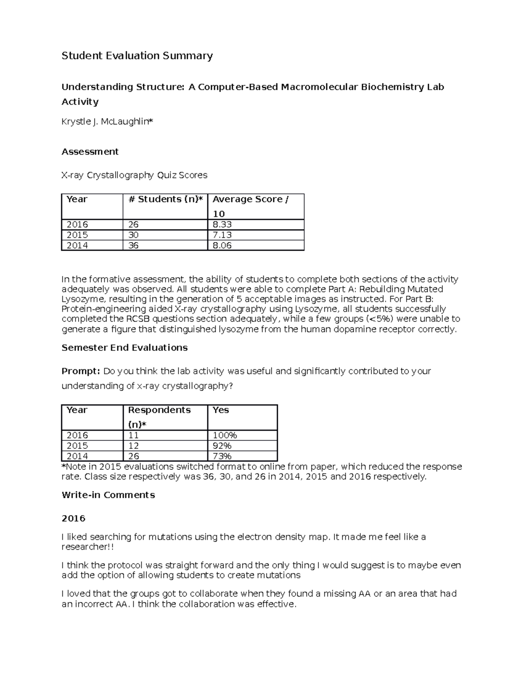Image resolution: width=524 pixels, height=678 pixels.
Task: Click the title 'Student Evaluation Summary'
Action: pyautogui.click(x=137, y=56)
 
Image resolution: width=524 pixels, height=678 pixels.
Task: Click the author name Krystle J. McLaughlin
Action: pyautogui.click(x=107, y=122)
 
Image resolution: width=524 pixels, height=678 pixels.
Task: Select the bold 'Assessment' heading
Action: pyautogui.click(x=90, y=151)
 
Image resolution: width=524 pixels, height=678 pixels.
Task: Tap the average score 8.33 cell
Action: pyautogui.click(x=222, y=225)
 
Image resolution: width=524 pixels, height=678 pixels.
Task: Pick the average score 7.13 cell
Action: pyautogui.click(x=222, y=235)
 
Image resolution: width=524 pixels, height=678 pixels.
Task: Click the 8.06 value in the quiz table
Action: pyautogui.click(x=222, y=245)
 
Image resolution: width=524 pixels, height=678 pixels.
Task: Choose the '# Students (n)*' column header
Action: pyautogui.click(x=165, y=200)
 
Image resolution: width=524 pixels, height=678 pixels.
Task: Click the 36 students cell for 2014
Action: pyautogui.click(x=133, y=245)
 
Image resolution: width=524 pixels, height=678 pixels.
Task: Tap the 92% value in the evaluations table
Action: pyautogui.click(x=222, y=446)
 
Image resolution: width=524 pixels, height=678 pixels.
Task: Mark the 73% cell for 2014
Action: pyautogui.click(x=222, y=456)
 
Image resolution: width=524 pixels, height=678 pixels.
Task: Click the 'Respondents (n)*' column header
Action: pyautogui.click(x=159, y=416)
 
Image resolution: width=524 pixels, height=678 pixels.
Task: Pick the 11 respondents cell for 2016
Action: pyautogui.click(x=133, y=435)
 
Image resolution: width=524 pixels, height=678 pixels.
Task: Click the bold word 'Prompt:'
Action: pyautogui.click(x=81, y=371)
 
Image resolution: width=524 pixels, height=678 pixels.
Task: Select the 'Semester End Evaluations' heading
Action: pyautogui.click(x=124, y=348)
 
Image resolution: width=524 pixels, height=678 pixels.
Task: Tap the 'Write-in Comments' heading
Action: pyautogui.click(x=108, y=495)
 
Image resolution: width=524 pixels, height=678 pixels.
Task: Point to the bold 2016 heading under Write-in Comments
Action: pyautogui.click(x=73, y=519)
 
